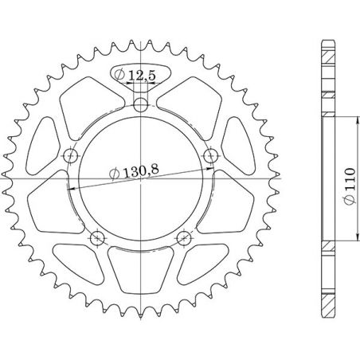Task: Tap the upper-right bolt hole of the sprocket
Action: (211, 155)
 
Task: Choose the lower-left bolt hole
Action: (97, 237)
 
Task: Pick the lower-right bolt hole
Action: (184, 237)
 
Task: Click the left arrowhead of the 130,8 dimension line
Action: (72, 186)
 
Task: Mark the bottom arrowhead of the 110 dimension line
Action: (337, 242)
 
